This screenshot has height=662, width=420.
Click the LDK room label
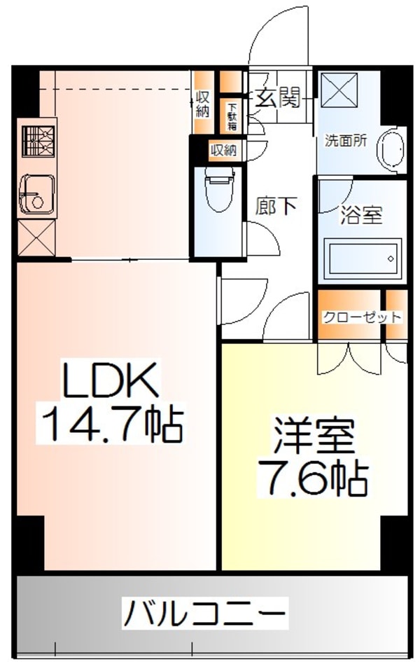click(113, 382)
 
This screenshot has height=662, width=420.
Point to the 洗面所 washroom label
click(345, 139)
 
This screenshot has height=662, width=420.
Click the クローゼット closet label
click(361, 317)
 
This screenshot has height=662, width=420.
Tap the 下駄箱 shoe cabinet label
click(232, 116)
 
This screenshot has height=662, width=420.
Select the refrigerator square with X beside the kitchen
click(36, 238)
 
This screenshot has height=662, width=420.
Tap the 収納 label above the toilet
click(224, 150)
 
